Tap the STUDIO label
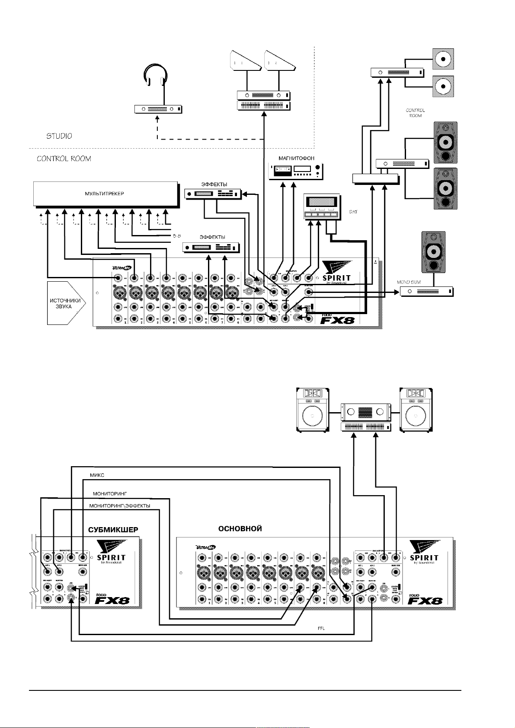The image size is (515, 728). click(x=59, y=136)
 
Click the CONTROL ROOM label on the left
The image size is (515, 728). click(x=64, y=159)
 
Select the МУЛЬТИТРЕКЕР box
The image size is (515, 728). click(x=106, y=194)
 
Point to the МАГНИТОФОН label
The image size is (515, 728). click(x=296, y=159)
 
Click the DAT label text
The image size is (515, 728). click(x=353, y=212)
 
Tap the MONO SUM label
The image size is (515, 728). click(x=409, y=282)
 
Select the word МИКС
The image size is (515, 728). click(x=97, y=475)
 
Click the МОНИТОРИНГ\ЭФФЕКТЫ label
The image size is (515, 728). click(x=119, y=506)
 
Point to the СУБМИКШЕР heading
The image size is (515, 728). click(x=113, y=530)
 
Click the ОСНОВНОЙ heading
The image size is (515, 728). click(x=240, y=528)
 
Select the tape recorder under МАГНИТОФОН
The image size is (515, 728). click(x=296, y=172)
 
